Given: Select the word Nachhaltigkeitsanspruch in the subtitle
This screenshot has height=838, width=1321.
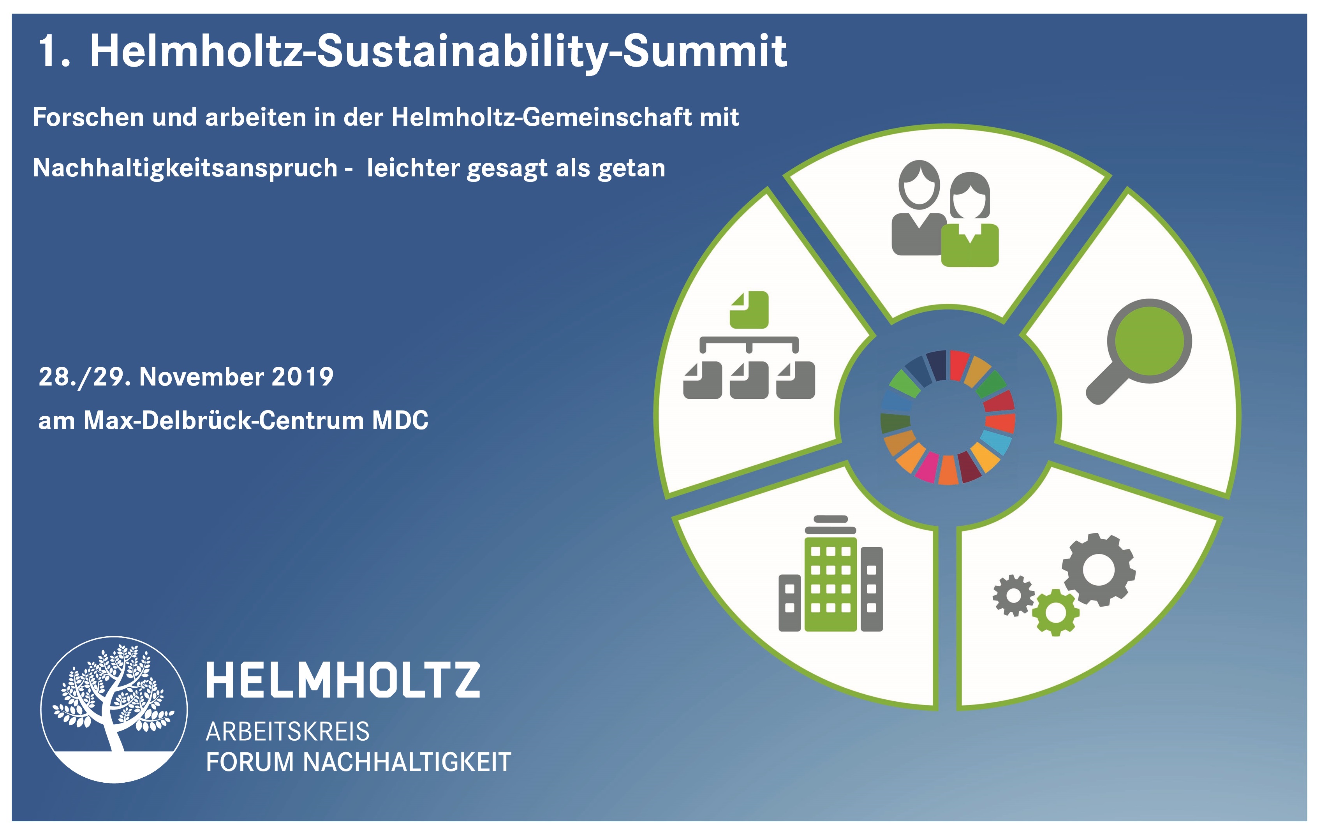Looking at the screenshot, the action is tap(185, 168).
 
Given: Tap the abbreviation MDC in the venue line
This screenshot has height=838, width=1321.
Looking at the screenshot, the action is tap(400, 421).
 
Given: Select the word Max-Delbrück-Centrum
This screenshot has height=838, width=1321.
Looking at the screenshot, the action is tap(223, 421).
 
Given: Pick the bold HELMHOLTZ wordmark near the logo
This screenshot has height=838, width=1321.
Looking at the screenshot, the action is tap(343, 680).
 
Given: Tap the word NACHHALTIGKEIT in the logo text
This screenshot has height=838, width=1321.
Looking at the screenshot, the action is tap(407, 762).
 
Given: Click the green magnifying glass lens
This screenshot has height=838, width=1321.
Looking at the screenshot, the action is tap(1149, 341).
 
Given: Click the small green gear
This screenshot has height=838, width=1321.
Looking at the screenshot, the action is tap(1055, 613).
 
